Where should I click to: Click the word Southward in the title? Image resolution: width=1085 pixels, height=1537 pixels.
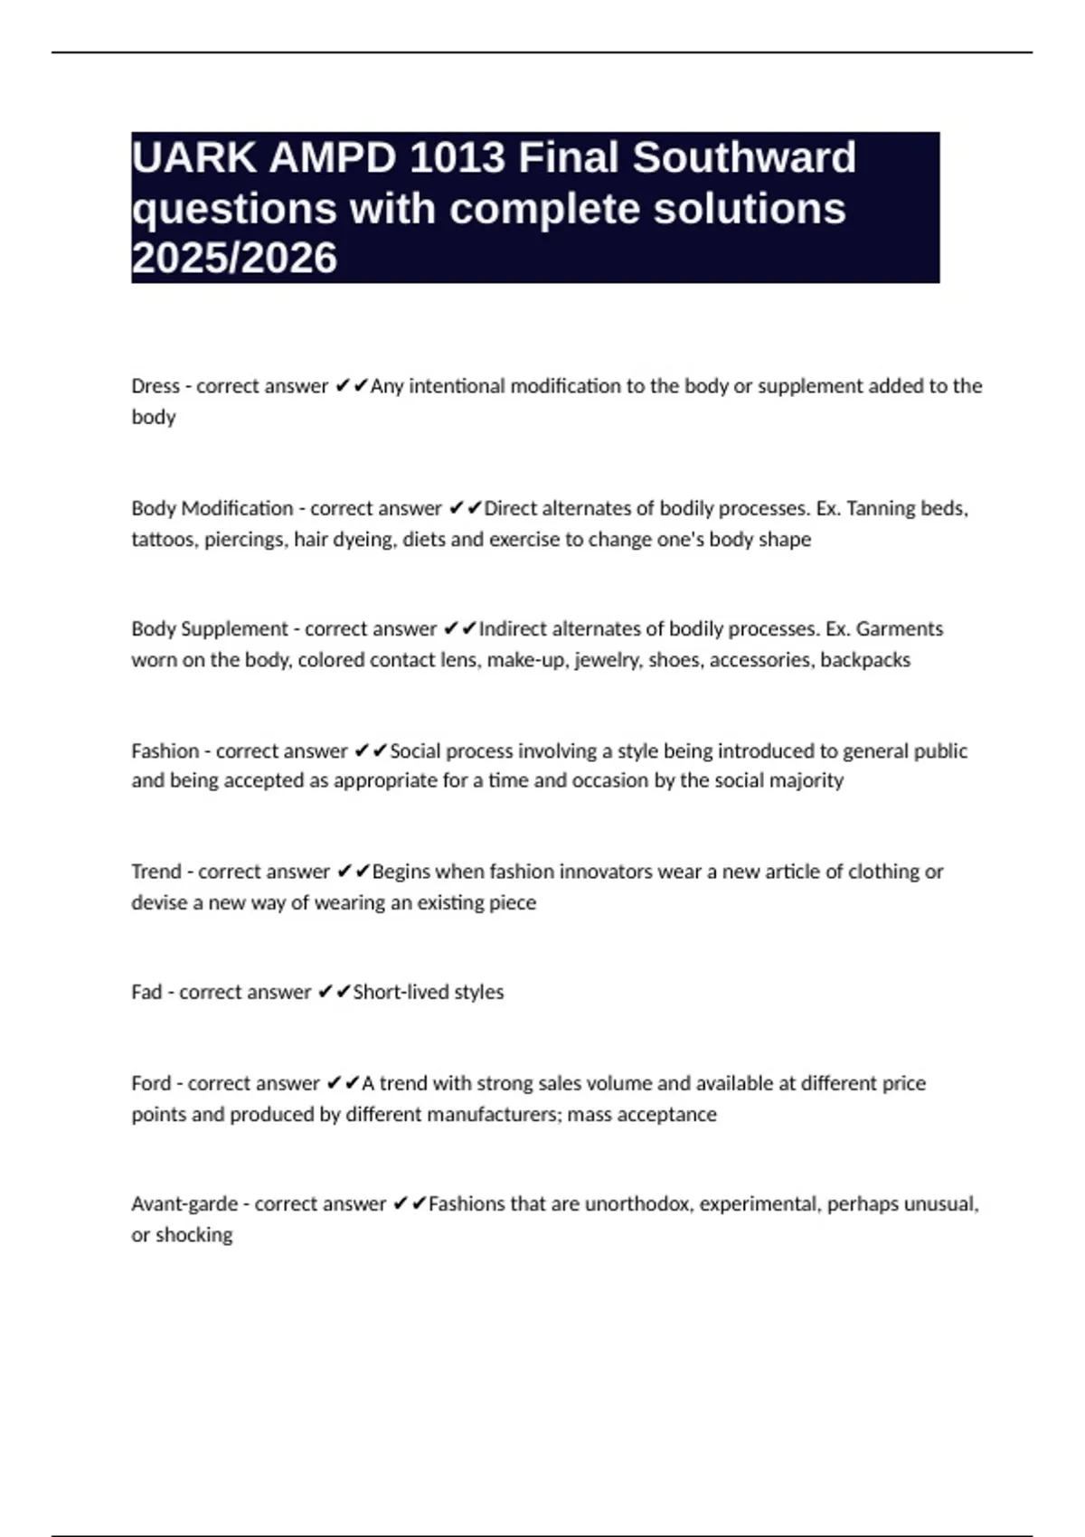coord(743,158)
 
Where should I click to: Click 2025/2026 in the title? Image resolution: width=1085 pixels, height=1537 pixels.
coord(234,259)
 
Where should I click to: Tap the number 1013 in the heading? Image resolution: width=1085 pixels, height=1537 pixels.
coord(457,158)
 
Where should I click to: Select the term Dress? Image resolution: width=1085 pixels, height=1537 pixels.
coord(156,386)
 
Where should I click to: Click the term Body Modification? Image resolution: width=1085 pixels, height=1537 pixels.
coord(212,508)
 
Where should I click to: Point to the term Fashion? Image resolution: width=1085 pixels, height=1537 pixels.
coord(165,751)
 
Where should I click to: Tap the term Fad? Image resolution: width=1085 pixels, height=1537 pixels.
coord(146,993)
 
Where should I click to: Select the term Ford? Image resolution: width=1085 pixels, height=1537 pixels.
coord(151,1083)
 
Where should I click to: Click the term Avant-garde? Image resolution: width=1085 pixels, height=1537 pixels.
coord(184,1204)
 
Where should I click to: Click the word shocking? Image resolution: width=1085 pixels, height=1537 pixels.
coord(193,1235)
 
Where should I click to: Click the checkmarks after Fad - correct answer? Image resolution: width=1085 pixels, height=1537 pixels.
coord(335,993)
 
